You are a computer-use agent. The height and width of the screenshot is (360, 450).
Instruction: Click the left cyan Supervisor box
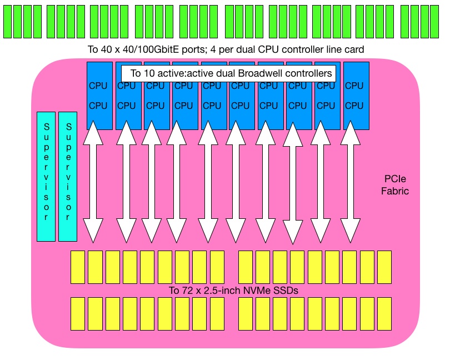coord(46,177)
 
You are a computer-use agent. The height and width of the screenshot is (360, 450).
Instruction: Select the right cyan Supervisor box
coord(68,177)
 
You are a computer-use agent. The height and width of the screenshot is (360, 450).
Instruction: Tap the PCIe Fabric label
coord(397,185)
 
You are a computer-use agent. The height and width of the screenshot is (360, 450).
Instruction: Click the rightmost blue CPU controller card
coord(356,96)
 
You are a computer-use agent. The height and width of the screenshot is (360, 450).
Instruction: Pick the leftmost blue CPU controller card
coord(99,96)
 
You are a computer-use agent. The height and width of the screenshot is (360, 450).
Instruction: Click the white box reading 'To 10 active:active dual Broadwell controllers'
coord(229,73)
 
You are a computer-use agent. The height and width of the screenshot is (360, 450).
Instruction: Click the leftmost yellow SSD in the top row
coord(78,267)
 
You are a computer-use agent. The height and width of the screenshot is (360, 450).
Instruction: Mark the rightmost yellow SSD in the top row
coord(384,267)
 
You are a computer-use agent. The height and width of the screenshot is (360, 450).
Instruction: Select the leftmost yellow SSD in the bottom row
coord(78,314)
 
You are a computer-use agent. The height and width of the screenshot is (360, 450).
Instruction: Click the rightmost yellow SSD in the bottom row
coord(384,314)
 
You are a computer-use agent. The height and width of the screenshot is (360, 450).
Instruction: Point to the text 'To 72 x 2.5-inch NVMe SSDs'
coord(230,291)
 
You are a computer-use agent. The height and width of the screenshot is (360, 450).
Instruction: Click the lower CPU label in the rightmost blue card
coord(354,106)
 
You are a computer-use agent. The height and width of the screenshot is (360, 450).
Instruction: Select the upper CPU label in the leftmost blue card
coord(98,86)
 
